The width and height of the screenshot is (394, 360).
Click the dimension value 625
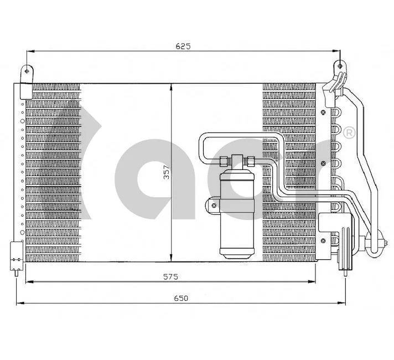tap(183, 47)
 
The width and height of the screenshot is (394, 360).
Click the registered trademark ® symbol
tap(349, 133)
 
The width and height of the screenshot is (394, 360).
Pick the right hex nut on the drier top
tap(250, 161)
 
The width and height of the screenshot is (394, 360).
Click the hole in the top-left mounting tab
tap(25, 71)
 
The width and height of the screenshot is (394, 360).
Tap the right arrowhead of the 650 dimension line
tap(346, 303)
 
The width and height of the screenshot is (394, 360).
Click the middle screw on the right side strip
tap(322, 163)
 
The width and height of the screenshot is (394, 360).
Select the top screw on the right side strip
tap(322, 111)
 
